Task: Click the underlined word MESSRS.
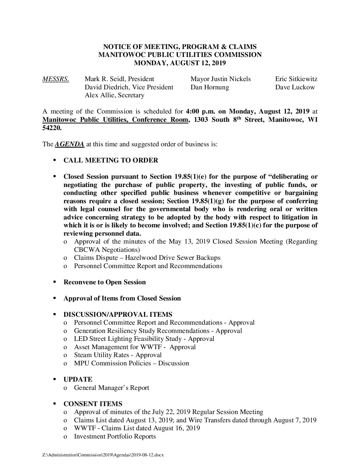click(x=56, y=79)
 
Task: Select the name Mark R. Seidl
click(x=105, y=79)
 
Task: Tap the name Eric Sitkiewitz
click(x=296, y=79)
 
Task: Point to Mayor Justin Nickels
click(x=220, y=79)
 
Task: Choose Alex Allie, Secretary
click(x=114, y=95)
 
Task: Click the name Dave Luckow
click(x=295, y=87)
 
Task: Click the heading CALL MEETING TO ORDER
click(x=111, y=161)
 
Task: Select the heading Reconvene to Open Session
click(x=105, y=282)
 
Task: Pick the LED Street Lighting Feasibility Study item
click(x=144, y=339)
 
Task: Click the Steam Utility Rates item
click(x=118, y=355)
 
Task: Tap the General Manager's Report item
click(x=112, y=388)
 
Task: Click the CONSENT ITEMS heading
click(x=93, y=404)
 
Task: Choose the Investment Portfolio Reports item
click(x=115, y=437)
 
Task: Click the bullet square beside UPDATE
click(x=55, y=380)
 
